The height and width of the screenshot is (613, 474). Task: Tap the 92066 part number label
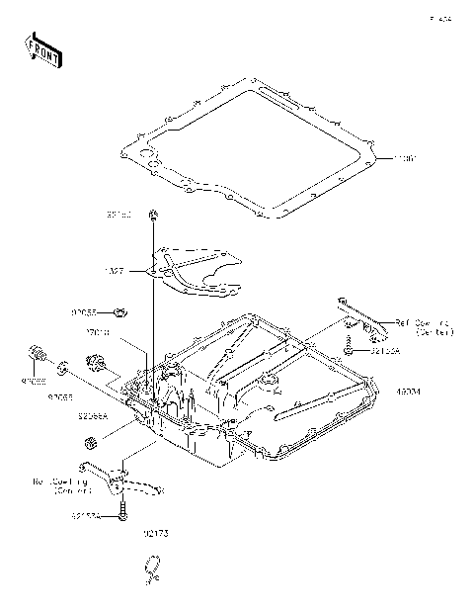coord(35,379)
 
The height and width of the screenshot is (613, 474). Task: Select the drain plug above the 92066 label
coord(37,354)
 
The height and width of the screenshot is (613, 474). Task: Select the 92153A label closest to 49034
coord(384,350)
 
